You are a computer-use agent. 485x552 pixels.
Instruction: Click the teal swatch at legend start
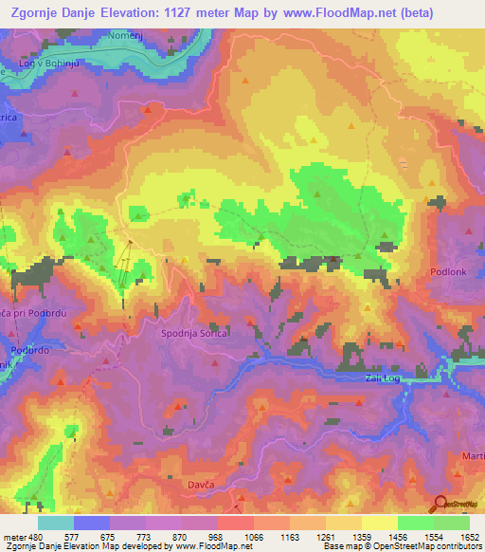(x=56, y=523)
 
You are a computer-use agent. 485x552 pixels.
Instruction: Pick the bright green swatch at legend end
(x=451, y=523)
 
